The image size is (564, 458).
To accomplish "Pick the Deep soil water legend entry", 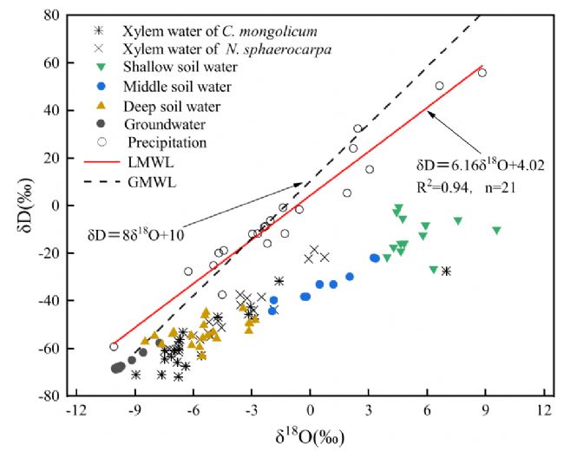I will point(171,107).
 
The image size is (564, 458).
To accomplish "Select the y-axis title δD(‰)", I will point(17,206).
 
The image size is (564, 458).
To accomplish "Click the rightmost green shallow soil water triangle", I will point(496,231).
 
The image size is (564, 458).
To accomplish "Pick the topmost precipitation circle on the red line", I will point(482,73).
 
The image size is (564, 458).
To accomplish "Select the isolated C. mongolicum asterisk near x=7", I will point(446,272).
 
